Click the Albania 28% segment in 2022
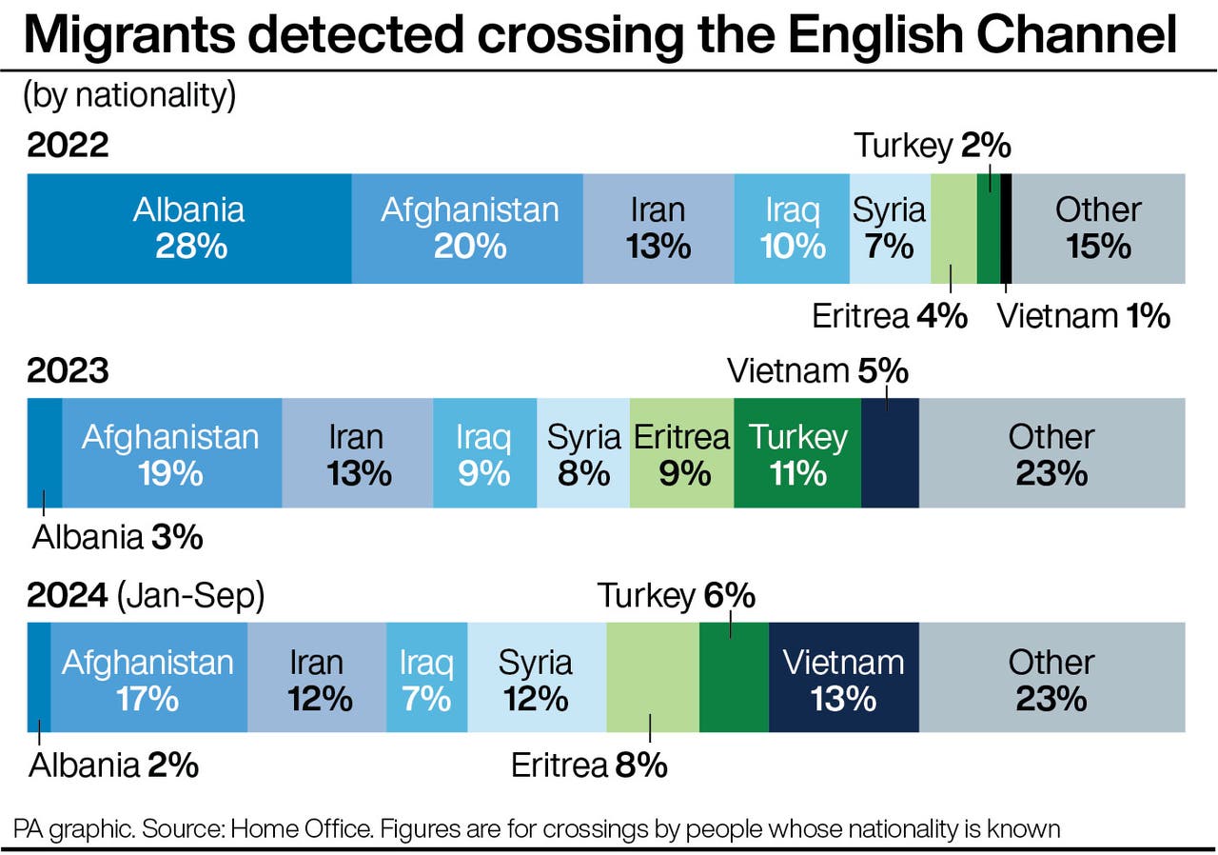point(188,229)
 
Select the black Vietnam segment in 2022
point(1006,229)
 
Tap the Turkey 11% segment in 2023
point(797,453)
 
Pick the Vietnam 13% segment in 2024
point(843,678)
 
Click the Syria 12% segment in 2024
point(536,678)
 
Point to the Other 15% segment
point(1098,229)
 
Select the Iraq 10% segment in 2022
point(792,229)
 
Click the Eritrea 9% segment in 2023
point(681,453)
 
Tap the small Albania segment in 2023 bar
point(44,453)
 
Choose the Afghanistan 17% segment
point(148,678)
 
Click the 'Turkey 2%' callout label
point(932,147)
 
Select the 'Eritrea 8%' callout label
point(589,766)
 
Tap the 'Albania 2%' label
point(114,766)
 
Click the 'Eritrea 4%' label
point(889,316)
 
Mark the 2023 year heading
point(68,371)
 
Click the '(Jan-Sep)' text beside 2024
point(190,597)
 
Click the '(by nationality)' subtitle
point(128,95)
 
